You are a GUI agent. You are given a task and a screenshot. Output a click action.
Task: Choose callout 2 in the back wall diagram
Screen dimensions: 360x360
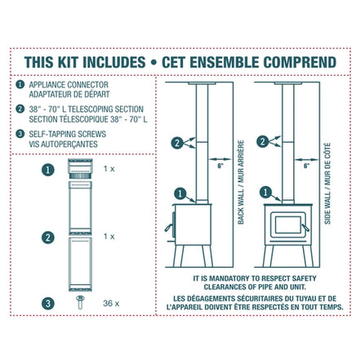tap(177, 142)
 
